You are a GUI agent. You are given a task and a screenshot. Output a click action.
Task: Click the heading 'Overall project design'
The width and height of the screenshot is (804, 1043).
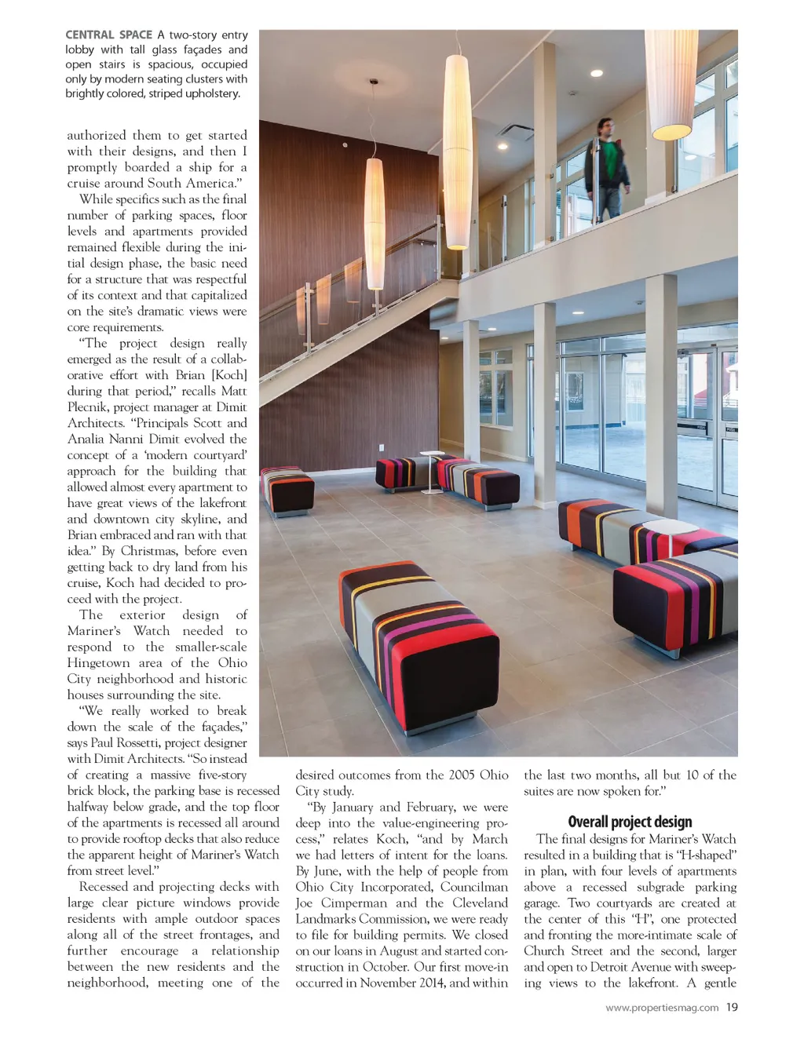(630, 822)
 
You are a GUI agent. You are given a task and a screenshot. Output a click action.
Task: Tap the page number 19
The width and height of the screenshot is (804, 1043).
(732, 1007)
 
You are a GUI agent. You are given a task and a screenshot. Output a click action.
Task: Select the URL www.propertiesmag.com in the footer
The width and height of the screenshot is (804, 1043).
(662, 1008)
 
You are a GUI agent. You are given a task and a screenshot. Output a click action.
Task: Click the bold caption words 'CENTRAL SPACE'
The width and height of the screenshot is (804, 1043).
(108, 35)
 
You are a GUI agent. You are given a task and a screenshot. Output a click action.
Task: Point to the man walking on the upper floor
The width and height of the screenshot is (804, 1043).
(607, 168)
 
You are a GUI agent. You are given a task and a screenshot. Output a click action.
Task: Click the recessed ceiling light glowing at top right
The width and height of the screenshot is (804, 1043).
(596, 73)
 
